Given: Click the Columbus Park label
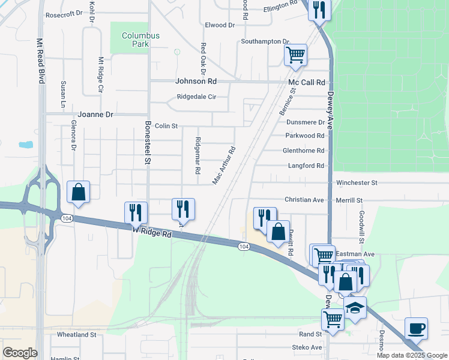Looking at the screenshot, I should (141, 40).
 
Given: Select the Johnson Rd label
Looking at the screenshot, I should (196, 81).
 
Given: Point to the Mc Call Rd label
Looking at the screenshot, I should (306, 82).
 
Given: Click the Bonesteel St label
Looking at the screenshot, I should (148, 142).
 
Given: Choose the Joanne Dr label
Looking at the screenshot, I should (95, 114).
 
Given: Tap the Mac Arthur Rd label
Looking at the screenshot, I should (224, 164).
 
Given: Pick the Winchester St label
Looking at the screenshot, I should (357, 182).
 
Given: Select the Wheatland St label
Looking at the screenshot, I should (76, 334).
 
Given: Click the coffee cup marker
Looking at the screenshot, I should (416, 328).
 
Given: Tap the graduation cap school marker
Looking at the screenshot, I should (355, 307).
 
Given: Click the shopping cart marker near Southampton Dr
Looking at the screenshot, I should (295, 55).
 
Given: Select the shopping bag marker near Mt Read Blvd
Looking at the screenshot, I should (78, 191).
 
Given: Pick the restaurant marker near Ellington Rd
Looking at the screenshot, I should (319, 9).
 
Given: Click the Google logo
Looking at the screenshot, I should (19, 353).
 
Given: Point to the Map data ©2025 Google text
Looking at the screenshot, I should (412, 355).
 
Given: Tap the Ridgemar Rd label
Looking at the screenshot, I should (197, 155).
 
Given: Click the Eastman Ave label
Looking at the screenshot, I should (355, 254).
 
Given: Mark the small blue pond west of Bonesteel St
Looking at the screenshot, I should (26, 145).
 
